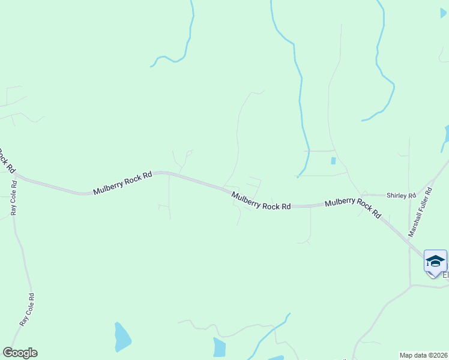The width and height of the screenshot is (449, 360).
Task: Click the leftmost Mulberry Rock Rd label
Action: point(122,183)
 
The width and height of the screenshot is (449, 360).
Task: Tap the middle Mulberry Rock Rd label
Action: point(261,200)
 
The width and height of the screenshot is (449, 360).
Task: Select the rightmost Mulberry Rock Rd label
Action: point(353,208)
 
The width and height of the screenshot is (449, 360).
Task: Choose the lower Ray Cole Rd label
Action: point(28,309)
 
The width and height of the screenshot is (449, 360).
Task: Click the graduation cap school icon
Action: point(435,262)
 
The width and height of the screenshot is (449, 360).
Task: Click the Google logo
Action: point(20,353)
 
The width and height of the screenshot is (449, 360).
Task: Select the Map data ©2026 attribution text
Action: point(423,355)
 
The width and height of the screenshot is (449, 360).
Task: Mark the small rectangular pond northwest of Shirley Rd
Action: point(333,161)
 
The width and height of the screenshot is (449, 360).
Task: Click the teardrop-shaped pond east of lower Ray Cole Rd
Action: point(122,337)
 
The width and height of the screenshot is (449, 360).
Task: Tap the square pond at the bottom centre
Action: point(219,347)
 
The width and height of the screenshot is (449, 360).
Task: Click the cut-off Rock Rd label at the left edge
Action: point(6,160)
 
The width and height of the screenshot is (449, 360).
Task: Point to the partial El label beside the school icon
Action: point(445,275)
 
